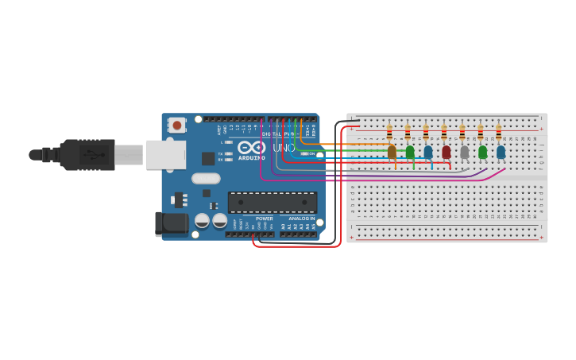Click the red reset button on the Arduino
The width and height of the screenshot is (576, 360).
pyautogui.click(x=176, y=125)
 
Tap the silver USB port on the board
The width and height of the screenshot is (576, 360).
pyautogui.click(x=165, y=154)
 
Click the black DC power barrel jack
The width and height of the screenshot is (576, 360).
pyautogui.click(x=172, y=223)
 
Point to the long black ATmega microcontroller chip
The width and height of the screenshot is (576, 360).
pyautogui.click(x=273, y=202)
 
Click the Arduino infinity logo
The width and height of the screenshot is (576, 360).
pyautogui.click(x=251, y=148)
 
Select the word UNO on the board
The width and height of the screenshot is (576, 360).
pyautogui.click(x=284, y=148)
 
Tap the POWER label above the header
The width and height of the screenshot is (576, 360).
pyautogui.click(x=265, y=219)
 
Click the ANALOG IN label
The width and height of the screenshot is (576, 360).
pyautogui.click(x=301, y=219)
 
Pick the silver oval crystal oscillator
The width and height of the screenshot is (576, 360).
pyautogui.click(x=206, y=178)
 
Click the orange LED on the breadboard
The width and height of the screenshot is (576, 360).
pyautogui.click(x=392, y=151)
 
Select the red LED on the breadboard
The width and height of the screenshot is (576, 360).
pyautogui.click(x=446, y=151)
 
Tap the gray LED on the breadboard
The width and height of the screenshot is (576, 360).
pyautogui.click(x=465, y=151)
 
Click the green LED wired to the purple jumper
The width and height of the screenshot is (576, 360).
pyautogui.click(x=482, y=151)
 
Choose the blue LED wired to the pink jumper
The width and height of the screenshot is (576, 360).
pyautogui.click(x=501, y=151)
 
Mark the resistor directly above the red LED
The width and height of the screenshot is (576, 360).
pyautogui.click(x=444, y=131)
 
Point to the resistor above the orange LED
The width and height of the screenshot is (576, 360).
pyautogui.click(x=389, y=131)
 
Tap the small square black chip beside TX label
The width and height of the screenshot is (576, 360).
pyautogui.click(x=208, y=158)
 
